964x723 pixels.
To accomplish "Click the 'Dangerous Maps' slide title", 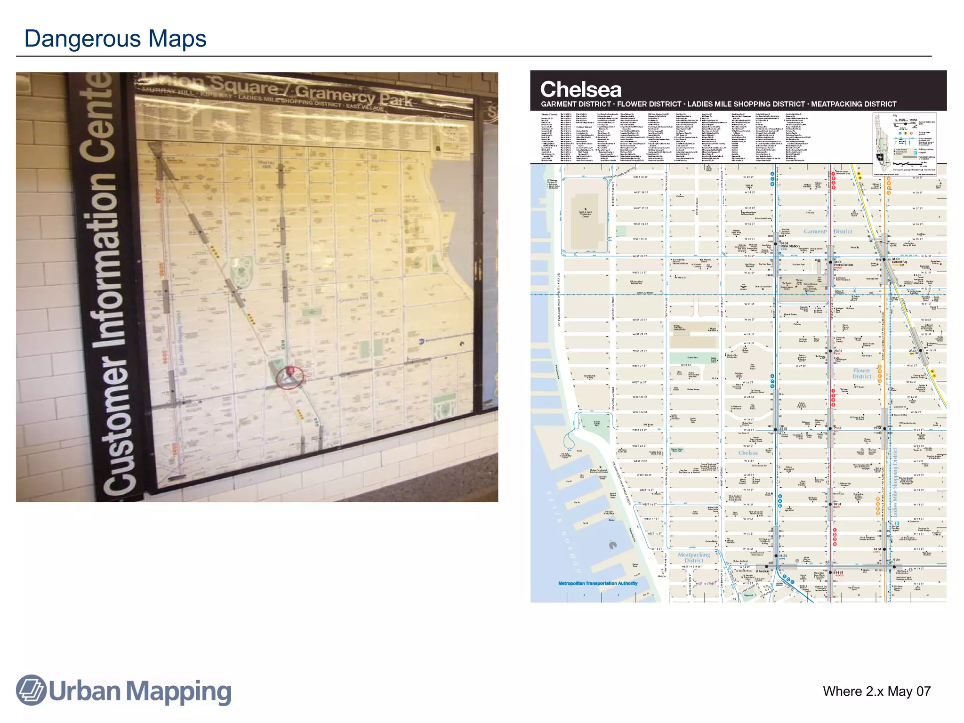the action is pos(115,39).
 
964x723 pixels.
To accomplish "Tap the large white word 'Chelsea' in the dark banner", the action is pos(581,89).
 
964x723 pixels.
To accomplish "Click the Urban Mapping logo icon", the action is pos(31,690).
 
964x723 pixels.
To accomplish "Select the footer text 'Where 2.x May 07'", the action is pos(876,691).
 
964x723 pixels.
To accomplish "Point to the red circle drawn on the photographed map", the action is pos(289,377).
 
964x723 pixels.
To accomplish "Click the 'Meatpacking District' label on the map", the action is pos(694,557).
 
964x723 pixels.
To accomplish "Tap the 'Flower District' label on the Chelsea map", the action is pos(862,373).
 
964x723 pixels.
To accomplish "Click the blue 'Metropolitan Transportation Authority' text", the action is pos(598,583).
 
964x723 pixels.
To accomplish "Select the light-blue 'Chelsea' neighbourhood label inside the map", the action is pos(748,453).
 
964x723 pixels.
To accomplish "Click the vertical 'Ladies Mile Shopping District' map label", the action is pos(895,482).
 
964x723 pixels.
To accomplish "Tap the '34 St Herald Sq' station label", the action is pos(899,260).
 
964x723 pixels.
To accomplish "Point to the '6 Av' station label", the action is pos(897,560).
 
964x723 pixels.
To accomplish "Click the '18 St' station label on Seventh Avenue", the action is pos(837,504).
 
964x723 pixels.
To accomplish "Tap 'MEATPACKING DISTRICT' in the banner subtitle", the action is pos(853,104).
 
